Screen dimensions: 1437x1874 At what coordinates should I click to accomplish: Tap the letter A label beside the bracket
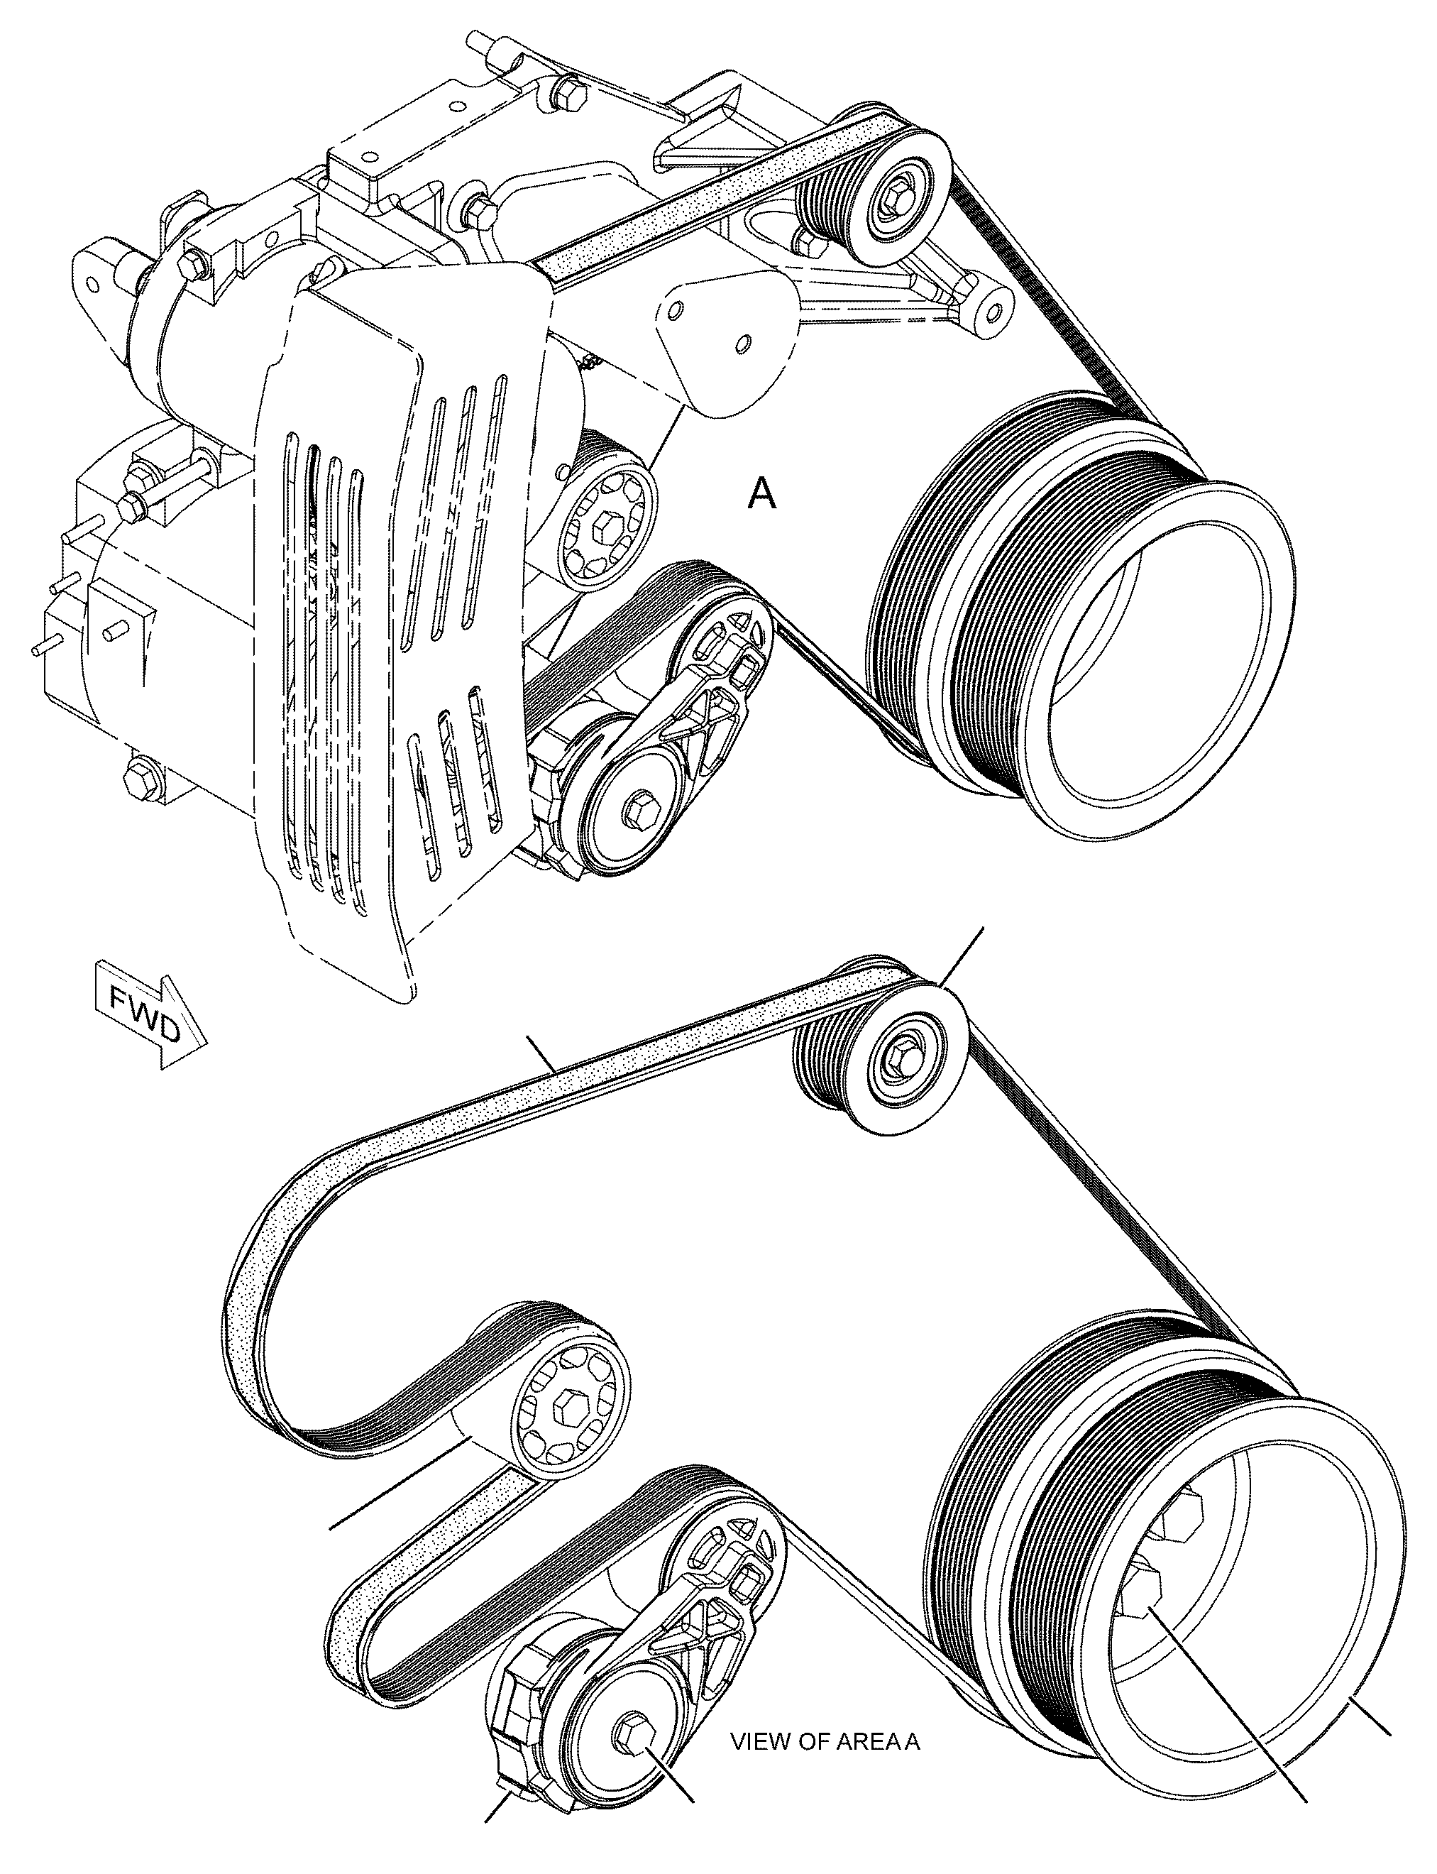pyautogui.click(x=762, y=494)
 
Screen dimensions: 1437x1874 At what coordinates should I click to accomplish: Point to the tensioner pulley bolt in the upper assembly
pyautogui.click(x=641, y=809)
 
